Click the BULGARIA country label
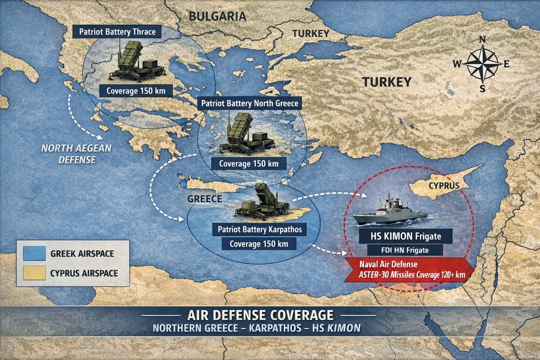217,17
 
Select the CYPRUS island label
444,185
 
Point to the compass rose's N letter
482,40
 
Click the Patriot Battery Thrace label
117,32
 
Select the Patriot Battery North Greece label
250,103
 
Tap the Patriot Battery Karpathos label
259,229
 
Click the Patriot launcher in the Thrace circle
135,62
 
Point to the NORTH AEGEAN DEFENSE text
70,153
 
